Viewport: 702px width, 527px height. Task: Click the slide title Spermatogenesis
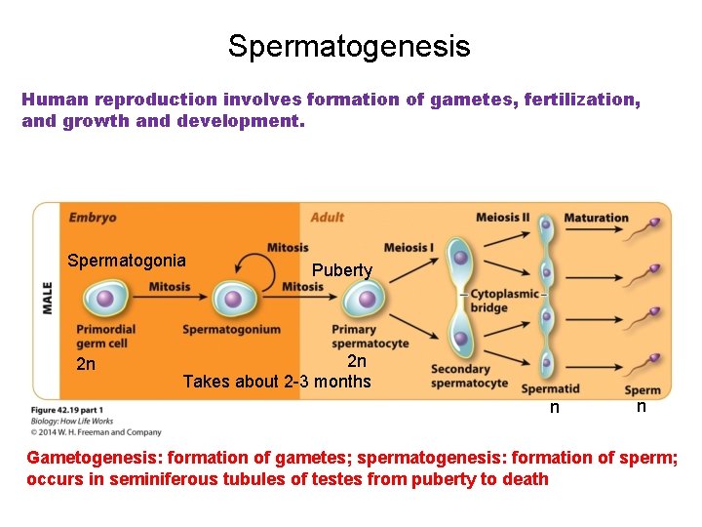pos(349,46)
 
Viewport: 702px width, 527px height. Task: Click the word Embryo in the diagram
pos(93,218)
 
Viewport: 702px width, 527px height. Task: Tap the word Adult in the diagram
pos(328,218)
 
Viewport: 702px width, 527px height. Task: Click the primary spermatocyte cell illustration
pos(364,298)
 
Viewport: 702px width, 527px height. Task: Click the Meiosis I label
pos(409,247)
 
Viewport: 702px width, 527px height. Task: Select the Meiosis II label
pos(503,218)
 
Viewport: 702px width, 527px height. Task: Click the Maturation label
pos(597,218)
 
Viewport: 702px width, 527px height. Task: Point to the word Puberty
pos(342,270)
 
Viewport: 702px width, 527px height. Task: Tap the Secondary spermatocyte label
pos(461,375)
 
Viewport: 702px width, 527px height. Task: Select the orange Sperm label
pos(643,389)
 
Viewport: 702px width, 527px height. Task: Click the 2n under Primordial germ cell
pos(86,365)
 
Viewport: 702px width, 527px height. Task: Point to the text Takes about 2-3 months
pos(277,382)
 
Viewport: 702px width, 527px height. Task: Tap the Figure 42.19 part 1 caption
pos(67,410)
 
